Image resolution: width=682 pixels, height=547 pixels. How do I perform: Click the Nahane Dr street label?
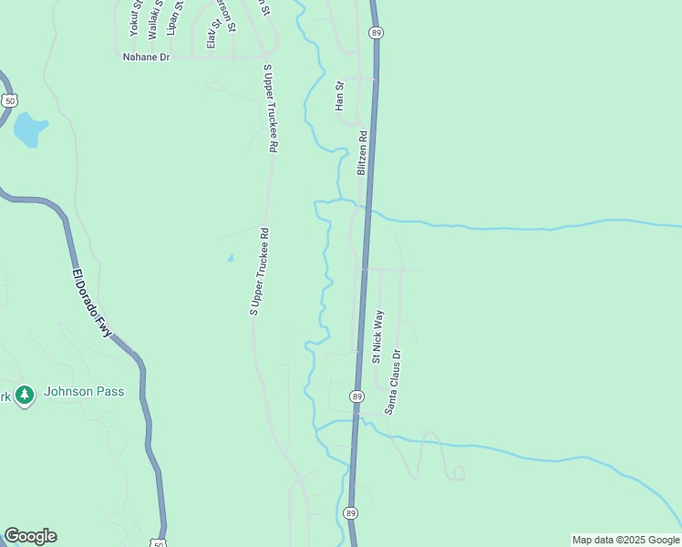coord(147,57)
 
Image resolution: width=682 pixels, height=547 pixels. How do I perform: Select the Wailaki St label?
coord(153,16)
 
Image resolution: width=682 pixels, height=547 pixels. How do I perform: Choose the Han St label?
coord(339,97)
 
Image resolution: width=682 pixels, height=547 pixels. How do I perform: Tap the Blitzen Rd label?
coord(362,153)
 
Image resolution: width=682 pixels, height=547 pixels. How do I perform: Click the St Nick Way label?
coord(377,336)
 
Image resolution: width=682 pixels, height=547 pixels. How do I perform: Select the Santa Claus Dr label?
coord(392,381)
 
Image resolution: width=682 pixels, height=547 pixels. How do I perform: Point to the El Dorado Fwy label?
coord(91,302)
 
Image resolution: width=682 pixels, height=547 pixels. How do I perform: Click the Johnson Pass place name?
coord(84,392)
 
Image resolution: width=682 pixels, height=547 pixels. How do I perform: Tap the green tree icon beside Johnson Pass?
coord(25,395)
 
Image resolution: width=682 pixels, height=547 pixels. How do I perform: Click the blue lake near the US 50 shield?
coord(29,129)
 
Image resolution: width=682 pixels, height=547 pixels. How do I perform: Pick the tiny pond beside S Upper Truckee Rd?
coord(231,258)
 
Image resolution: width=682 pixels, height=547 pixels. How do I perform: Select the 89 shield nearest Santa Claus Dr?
coord(356,396)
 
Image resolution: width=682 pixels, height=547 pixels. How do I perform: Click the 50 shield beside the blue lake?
coord(9,98)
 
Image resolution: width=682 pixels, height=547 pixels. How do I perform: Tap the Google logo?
coord(30,536)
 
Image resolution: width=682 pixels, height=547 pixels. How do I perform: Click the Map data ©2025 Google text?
coord(626,540)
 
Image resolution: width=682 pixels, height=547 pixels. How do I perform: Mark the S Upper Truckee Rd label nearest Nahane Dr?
coord(272,108)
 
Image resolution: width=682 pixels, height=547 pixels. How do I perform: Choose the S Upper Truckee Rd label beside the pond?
coord(260,272)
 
